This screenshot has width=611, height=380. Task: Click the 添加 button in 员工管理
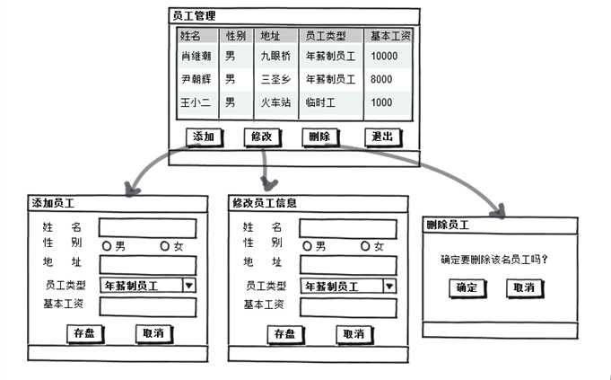[x=204, y=137]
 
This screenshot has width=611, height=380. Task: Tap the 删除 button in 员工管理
[x=319, y=137]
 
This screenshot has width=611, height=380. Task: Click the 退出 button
[x=382, y=137]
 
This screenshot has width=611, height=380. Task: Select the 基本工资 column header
[x=390, y=36]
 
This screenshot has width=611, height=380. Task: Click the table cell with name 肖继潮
[x=196, y=56]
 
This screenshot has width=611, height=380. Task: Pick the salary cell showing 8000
[x=381, y=79]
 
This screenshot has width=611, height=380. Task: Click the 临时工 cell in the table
[x=320, y=102]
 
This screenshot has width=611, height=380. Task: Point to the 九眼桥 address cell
[x=275, y=56]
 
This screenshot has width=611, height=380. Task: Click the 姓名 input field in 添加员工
[x=147, y=228]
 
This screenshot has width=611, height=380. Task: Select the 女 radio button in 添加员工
[x=165, y=246]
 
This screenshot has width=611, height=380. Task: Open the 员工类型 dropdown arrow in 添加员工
[x=189, y=286]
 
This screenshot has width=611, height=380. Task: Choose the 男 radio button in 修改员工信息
[x=308, y=246]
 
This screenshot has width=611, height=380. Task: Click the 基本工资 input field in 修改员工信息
[x=348, y=307]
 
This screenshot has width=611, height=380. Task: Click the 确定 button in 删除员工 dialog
[x=467, y=287]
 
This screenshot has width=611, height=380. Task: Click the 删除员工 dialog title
[x=446, y=225]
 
